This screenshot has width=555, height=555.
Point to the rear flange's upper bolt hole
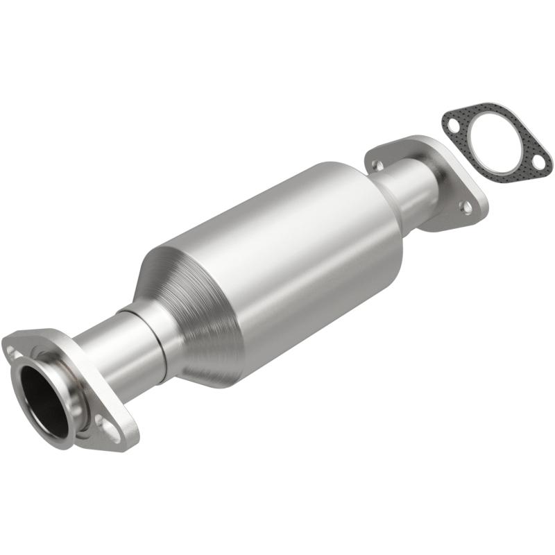click(x=377, y=165)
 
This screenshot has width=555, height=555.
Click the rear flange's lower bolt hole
click(x=466, y=206)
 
